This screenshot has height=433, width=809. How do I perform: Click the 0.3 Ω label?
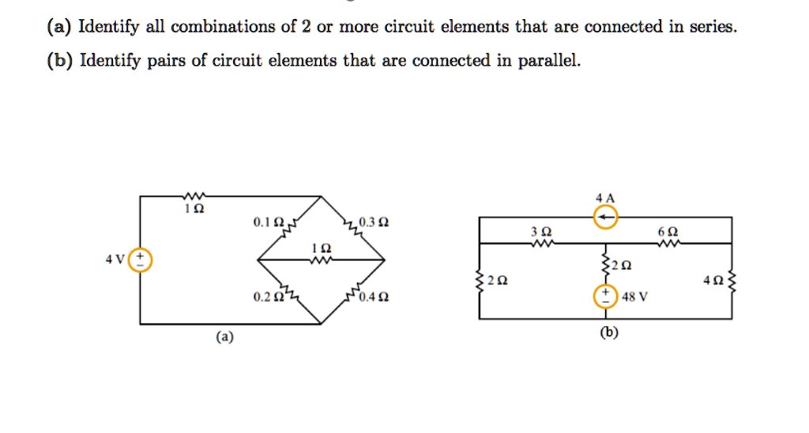pos(373,221)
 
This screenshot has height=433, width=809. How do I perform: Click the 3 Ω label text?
pos(540,232)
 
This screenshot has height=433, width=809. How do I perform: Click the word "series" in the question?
pos(714,28)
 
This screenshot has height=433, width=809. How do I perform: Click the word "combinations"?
pos(223,28)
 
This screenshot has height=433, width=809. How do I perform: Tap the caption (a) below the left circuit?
pos(225,337)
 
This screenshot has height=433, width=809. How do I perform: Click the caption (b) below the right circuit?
pos(608,332)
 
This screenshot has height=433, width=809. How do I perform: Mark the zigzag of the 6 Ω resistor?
pos(666,243)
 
